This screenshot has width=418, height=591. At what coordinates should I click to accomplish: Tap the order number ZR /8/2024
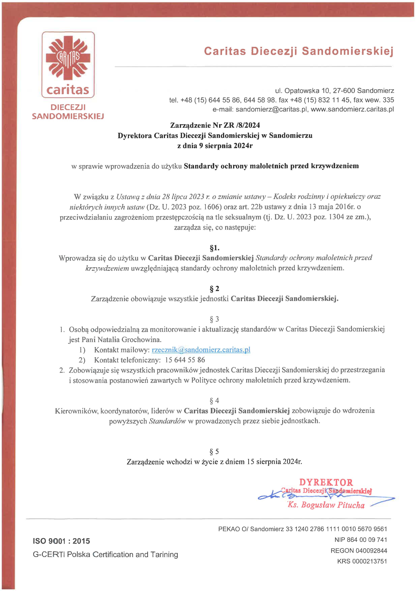[242, 125]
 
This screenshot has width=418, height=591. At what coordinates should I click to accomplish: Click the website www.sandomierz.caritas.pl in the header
[352, 109]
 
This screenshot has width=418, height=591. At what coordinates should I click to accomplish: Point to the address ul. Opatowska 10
[302, 91]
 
